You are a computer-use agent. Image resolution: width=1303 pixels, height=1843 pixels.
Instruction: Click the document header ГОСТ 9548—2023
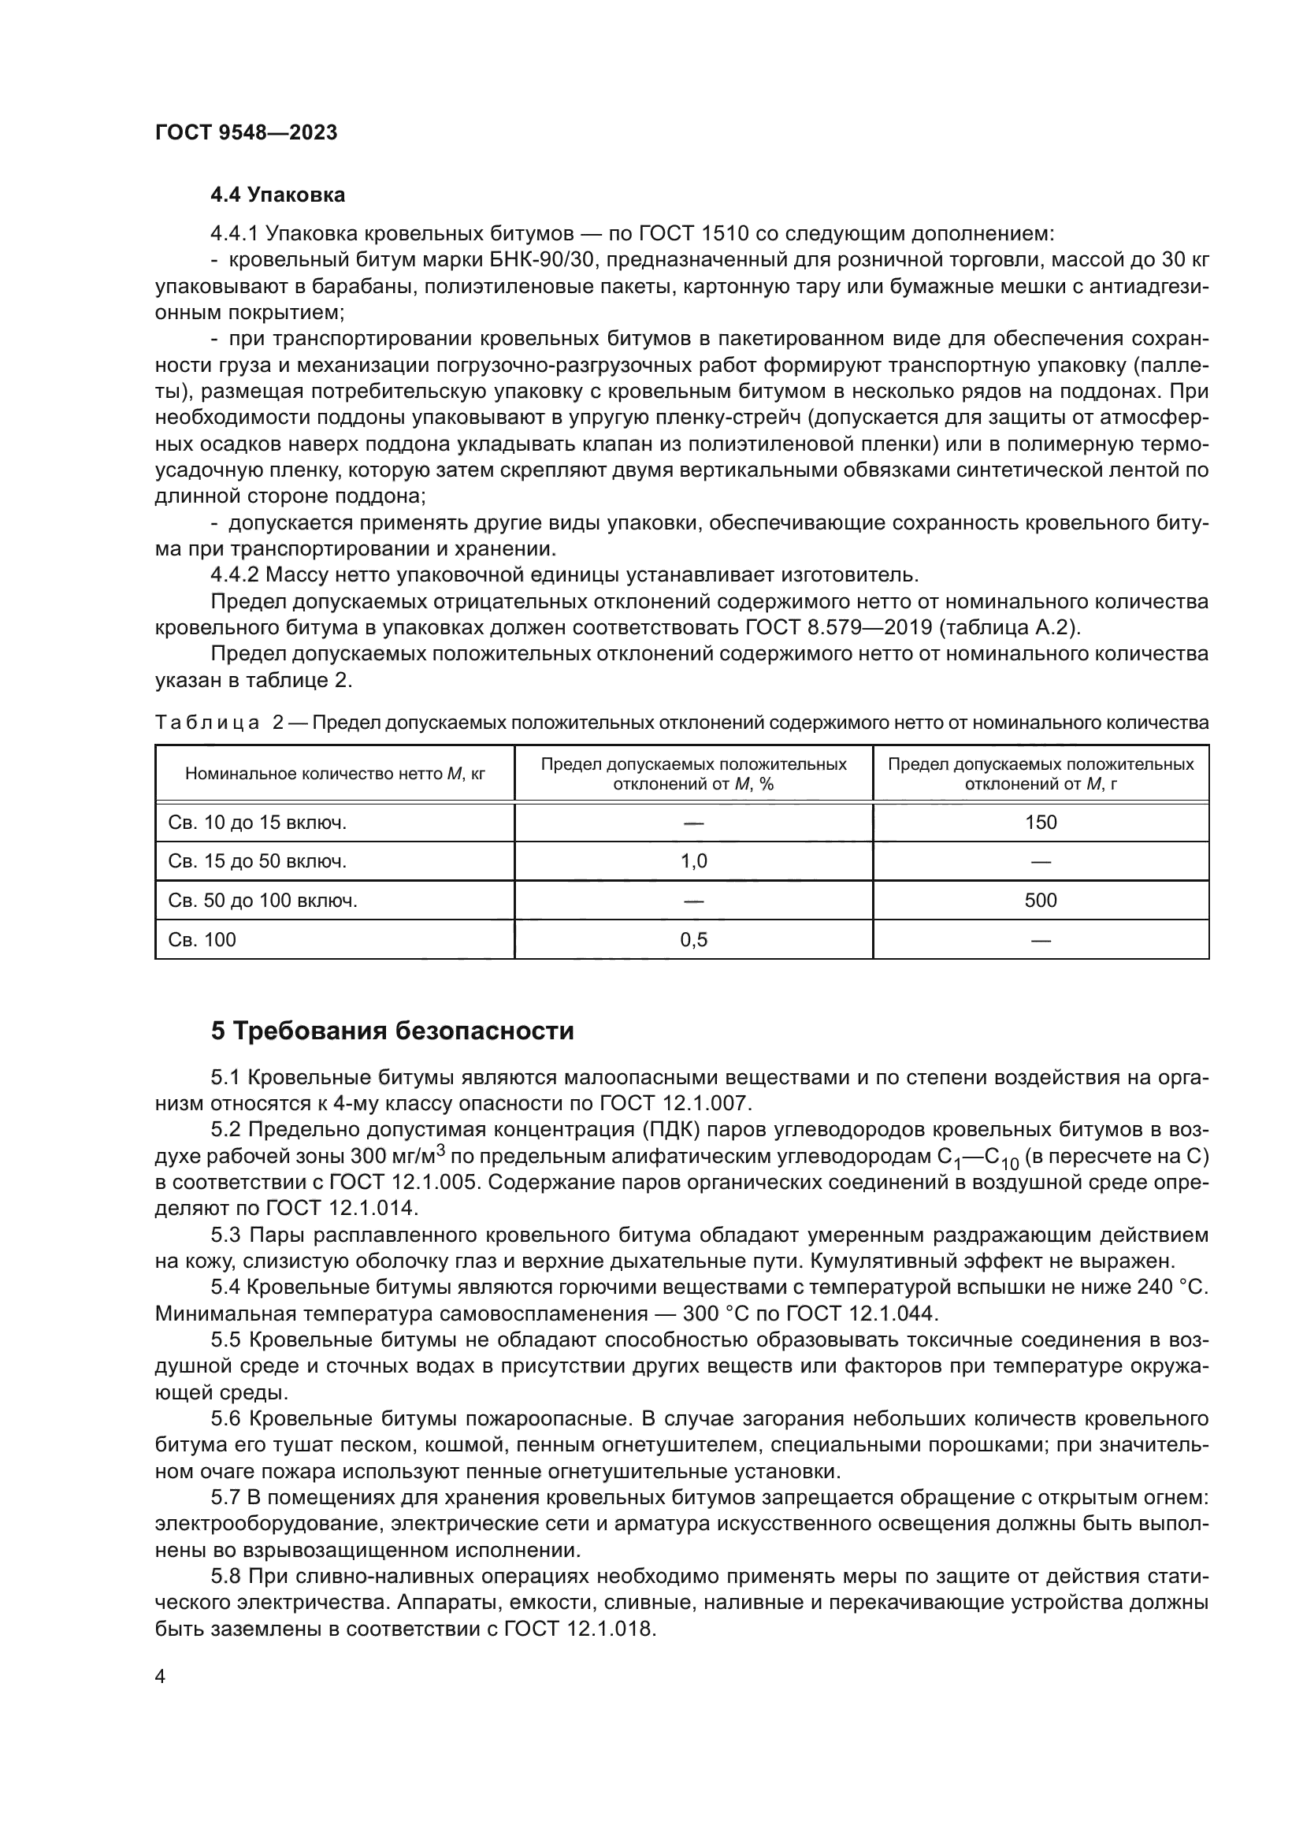246,132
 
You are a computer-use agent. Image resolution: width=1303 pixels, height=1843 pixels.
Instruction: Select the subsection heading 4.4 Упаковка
277,195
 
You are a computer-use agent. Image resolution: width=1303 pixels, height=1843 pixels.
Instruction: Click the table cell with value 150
1041,823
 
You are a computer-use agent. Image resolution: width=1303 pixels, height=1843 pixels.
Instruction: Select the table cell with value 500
1041,901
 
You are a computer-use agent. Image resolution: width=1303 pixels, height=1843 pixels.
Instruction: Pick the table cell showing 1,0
693,862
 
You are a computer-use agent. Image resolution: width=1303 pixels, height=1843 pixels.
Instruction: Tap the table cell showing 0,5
693,940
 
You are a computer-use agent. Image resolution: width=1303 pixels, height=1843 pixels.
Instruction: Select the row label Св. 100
202,940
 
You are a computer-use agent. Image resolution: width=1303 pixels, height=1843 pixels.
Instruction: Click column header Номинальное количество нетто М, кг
335,774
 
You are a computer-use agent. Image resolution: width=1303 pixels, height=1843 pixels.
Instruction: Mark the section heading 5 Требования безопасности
392,1031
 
